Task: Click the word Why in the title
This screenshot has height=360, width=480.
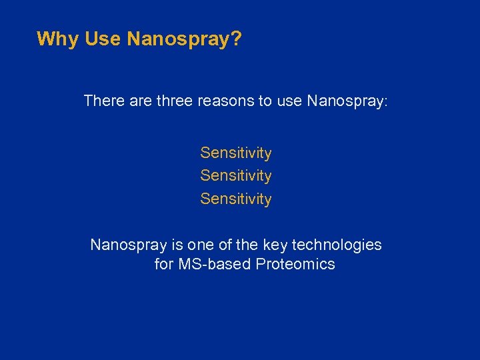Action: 58,39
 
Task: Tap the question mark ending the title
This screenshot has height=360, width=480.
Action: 237,39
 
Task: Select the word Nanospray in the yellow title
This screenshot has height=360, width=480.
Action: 178,39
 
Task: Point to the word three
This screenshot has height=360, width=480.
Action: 175,101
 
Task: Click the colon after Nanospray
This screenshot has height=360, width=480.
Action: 385,102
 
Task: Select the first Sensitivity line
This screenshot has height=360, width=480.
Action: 236,153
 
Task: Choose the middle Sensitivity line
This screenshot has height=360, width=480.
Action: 236,176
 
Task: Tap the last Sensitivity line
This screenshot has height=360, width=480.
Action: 236,199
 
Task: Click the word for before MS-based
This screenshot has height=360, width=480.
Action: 164,265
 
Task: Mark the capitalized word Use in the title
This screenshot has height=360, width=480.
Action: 102,39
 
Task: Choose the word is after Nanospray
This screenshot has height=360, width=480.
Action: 170,245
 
